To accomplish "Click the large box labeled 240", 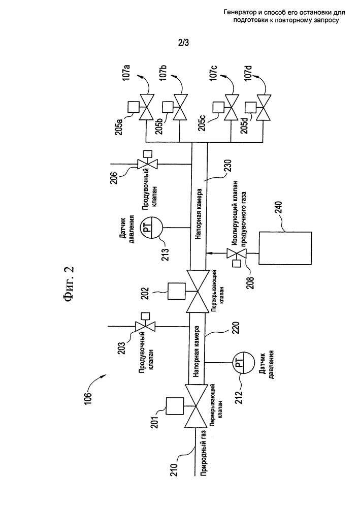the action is point(285,248).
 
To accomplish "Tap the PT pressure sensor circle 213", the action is point(152,228).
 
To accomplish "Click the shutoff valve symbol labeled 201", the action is point(196,406).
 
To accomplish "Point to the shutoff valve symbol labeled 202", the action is point(197,291).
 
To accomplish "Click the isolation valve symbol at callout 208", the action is point(236,253).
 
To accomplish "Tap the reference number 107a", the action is point(126,72).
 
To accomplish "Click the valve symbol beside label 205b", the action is point(181,107).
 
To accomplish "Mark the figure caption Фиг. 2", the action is point(69,284).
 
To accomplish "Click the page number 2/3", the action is point(183,43).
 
